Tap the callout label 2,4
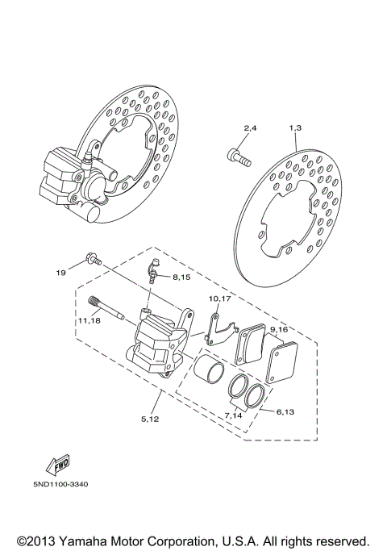point(250,129)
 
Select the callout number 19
point(60,273)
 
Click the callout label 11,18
point(89,321)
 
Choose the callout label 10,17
point(220,298)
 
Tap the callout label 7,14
point(234,415)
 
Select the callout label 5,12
point(151,419)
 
